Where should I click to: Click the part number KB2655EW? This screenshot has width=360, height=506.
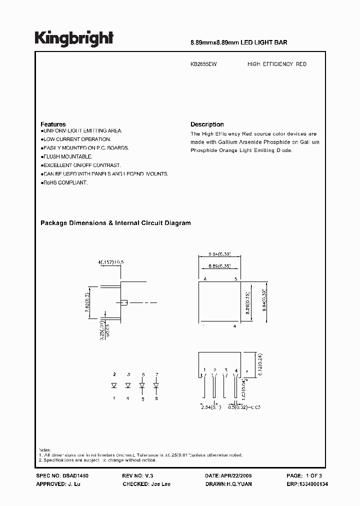[203, 64]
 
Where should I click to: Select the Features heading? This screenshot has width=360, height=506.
[53, 124]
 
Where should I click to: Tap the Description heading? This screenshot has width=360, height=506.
[207, 124]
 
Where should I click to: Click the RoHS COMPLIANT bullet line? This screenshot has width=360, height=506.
[64, 183]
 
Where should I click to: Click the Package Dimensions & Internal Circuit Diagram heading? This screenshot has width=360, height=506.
[115, 223]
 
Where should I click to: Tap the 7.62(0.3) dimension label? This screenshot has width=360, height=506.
[87, 302]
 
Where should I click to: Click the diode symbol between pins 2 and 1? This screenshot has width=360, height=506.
[114, 385]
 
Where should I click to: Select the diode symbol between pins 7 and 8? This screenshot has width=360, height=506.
[156, 385]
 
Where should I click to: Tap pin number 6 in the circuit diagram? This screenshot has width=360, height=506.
[143, 374]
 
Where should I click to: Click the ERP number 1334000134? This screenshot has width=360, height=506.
[306, 484]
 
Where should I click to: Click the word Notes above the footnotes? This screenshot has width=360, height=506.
[45, 450]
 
